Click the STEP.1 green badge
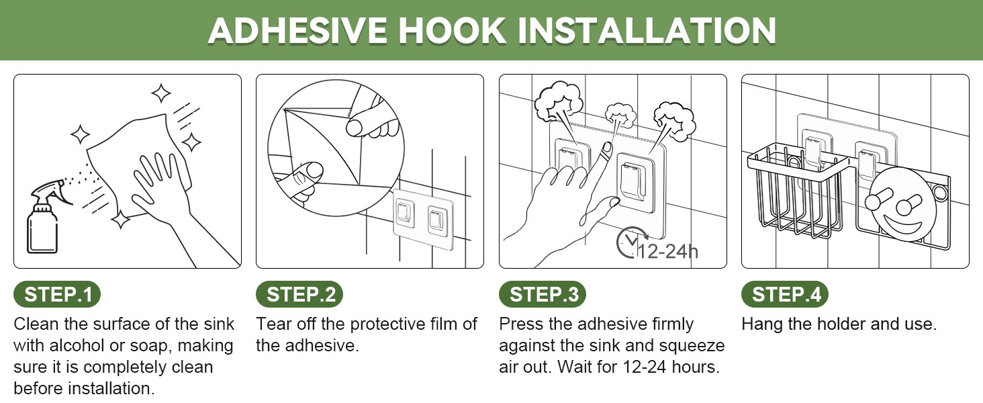point(57,294)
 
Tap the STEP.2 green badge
point(299,294)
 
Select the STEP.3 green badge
point(543,294)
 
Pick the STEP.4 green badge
point(785,294)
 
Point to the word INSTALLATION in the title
point(648,31)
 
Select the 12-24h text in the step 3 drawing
point(667,252)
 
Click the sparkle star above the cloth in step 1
point(161,93)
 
